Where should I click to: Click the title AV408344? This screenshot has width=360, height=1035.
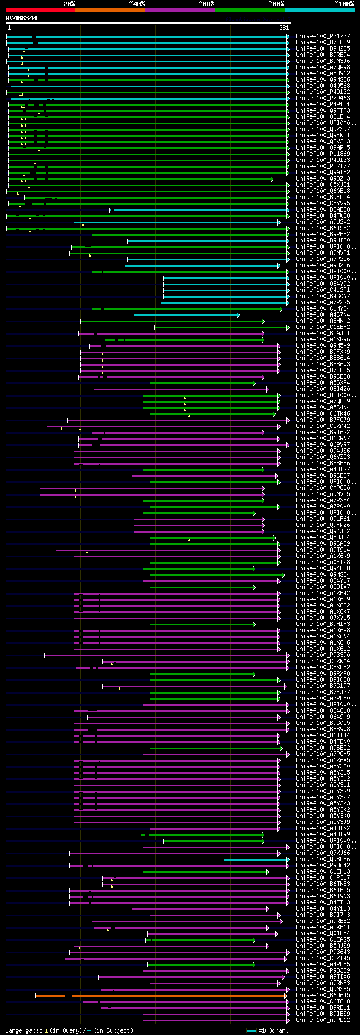21,19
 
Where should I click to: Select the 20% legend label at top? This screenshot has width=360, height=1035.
69,4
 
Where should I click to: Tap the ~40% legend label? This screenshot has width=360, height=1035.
137,4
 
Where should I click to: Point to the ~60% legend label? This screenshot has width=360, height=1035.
206,4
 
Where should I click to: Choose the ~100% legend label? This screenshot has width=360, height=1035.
344,4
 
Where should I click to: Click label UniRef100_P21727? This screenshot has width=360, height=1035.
323,37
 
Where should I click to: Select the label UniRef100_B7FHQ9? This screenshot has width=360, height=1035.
323,43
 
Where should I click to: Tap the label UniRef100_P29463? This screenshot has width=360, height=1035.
323,98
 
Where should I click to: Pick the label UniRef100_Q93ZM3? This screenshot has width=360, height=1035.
323,179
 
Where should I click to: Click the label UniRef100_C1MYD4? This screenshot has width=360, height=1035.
323,309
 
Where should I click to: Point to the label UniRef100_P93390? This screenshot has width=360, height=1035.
323,655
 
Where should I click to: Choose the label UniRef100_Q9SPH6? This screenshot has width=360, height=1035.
323,859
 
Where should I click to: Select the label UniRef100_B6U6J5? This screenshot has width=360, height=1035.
323,996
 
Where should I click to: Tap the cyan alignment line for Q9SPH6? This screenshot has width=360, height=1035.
256,859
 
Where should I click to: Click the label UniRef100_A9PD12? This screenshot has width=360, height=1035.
323,1020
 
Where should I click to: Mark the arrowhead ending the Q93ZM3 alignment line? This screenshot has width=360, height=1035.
272,179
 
